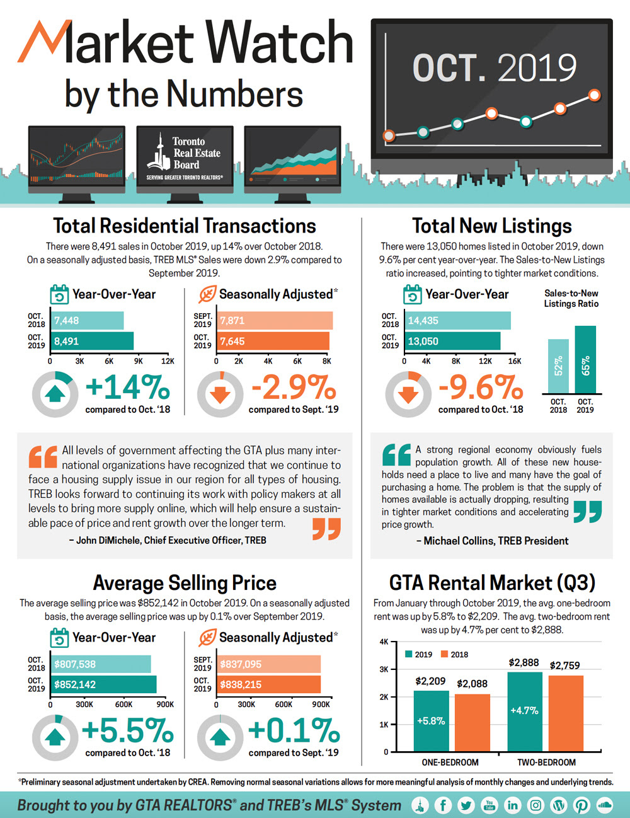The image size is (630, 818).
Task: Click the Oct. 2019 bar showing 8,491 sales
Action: pyautogui.click(x=93, y=341)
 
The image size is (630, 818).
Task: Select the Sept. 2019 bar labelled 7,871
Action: pyautogui.click(x=275, y=320)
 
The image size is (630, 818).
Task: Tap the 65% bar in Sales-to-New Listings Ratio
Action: pyautogui.click(x=585, y=360)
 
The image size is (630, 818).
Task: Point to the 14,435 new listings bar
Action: pyautogui.click(x=457, y=320)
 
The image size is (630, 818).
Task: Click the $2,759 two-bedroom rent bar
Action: pyautogui.click(x=566, y=713)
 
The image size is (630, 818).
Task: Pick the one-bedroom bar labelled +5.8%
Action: pyautogui.click(x=431, y=721)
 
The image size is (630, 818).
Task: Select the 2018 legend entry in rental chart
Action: pyautogui.click(x=454, y=654)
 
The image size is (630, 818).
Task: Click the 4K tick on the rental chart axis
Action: pyautogui.click(x=384, y=642)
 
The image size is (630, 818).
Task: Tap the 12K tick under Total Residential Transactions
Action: pyautogui.click(x=168, y=361)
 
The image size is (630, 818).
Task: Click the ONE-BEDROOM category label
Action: pyautogui.click(x=450, y=763)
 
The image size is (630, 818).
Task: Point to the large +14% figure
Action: pyautogui.click(x=127, y=387)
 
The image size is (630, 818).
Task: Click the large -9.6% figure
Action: pyautogui.click(x=480, y=387)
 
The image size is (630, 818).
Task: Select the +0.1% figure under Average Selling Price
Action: pyautogui.click(x=294, y=730)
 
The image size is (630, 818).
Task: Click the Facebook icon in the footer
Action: pyautogui.click(x=443, y=805)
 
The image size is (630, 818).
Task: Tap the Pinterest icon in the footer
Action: pyautogui.click(x=581, y=805)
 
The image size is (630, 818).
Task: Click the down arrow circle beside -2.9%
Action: pyautogui.click(x=220, y=395)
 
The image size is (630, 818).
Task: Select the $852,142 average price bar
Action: pyautogui.click(x=104, y=684)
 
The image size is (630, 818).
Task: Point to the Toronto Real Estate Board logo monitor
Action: pyautogui.click(x=185, y=158)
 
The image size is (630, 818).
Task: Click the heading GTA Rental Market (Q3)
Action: pyautogui.click(x=492, y=582)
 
